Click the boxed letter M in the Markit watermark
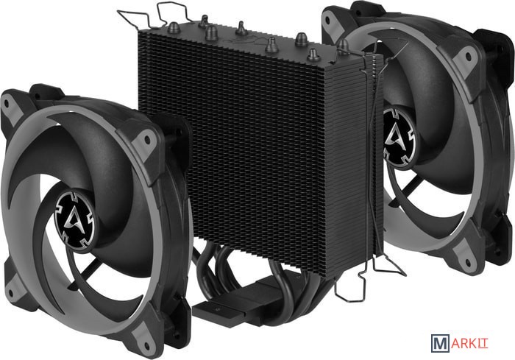tap(440, 343)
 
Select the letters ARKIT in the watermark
tap(469, 344)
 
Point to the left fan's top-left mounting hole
tap(7, 106)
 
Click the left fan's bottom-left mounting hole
tap(11, 293)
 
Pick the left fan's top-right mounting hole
tap(147, 141)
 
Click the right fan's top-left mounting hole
tap(327, 21)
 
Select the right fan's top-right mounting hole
tap(467, 57)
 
